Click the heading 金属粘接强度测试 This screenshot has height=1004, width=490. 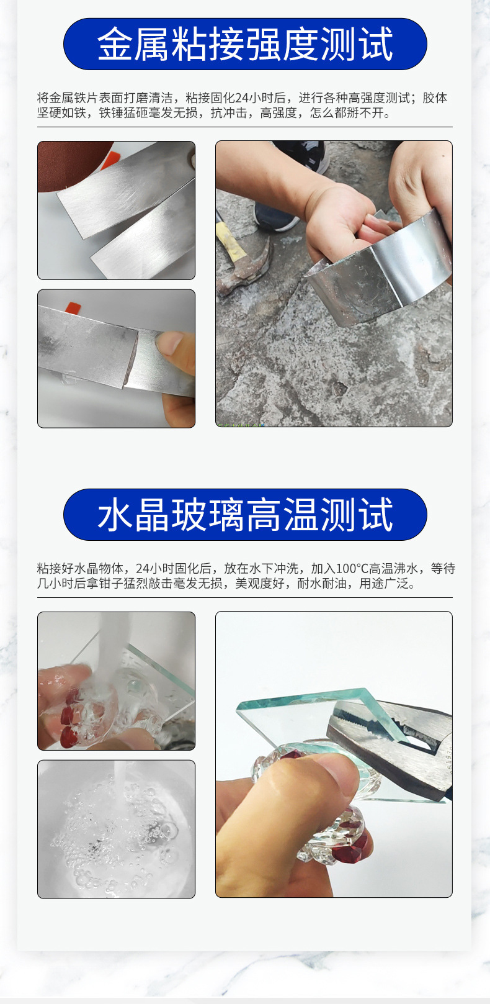coord(245,44)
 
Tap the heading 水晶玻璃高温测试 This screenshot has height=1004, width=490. coord(245,515)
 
